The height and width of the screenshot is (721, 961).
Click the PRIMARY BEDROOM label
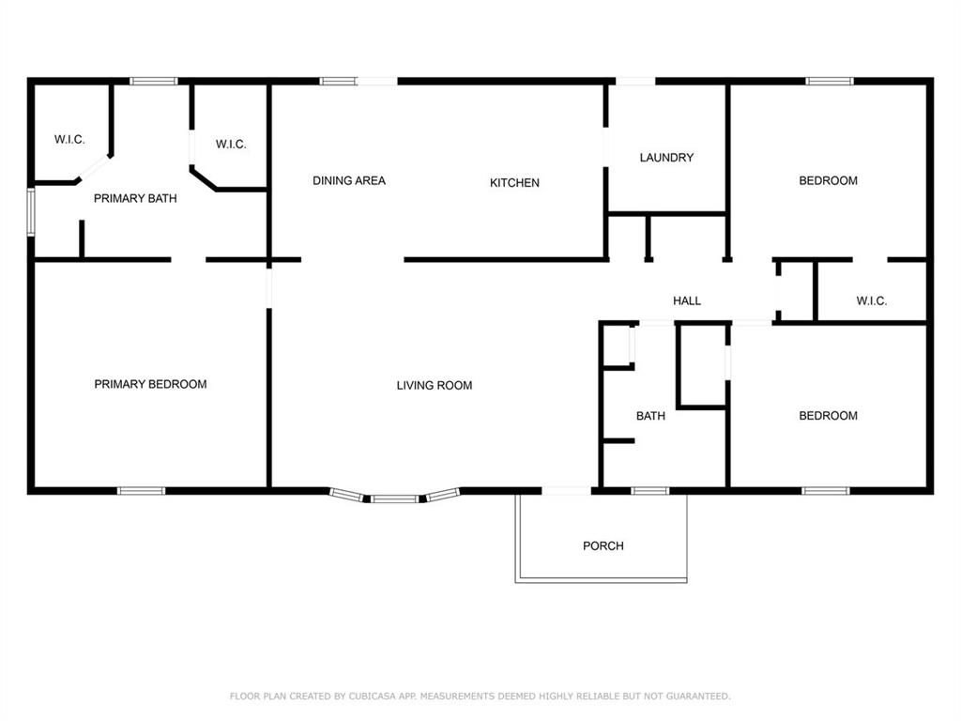pyautogui.click(x=150, y=384)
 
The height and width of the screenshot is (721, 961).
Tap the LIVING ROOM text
pyautogui.click(x=434, y=385)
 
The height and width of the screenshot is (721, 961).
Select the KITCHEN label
pyautogui.click(x=514, y=183)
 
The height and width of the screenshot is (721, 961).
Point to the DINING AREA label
pyautogui.click(x=349, y=180)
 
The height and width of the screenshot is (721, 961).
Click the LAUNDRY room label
pyautogui.click(x=666, y=158)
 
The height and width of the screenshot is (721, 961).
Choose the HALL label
pyautogui.click(x=687, y=301)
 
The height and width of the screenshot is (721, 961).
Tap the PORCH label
pyautogui.click(x=603, y=545)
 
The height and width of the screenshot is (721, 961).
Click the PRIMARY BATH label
pyautogui.click(x=135, y=198)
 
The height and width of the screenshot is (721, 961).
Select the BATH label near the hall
pyautogui.click(x=650, y=415)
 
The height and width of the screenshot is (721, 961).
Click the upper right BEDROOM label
pyautogui.click(x=828, y=180)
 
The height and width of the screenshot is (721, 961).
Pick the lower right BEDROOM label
pyautogui.click(x=828, y=415)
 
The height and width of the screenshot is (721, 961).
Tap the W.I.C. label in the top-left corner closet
pyautogui.click(x=69, y=140)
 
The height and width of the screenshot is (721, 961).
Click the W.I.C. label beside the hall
pyautogui.click(x=871, y=301)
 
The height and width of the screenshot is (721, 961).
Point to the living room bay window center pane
pyautogui.click(x=394, y=499)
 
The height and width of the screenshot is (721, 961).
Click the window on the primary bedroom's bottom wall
pyautogui.click(x=141, y=490)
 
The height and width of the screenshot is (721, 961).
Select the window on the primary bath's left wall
pyautogui.click(x=31, y=211)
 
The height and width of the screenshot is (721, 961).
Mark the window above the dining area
pyautogui.click(x=338, y=82)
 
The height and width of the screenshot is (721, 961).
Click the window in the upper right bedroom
pyautogui.click(x=830, y=82)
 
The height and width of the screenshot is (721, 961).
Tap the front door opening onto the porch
pyautogui.click(x=567, y=490)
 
